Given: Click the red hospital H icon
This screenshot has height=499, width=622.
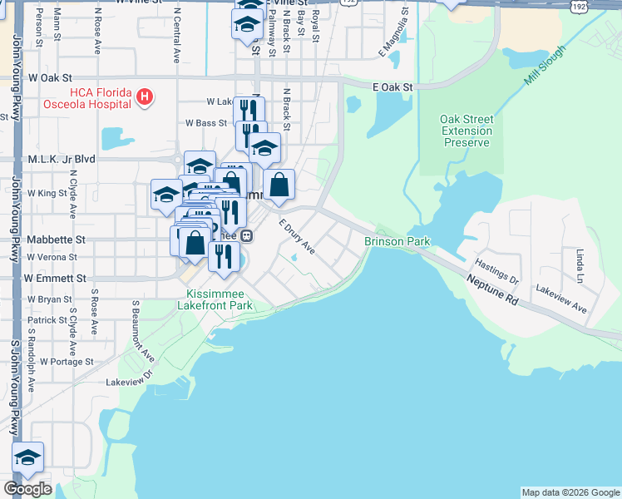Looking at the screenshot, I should click(x=145, y=97).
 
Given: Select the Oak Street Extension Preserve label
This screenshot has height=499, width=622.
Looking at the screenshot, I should click(x=466, y=131).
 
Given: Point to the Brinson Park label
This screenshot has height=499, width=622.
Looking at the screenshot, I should click(x=397, y=241).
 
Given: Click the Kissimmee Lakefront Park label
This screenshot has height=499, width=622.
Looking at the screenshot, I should click(x=220, y=299).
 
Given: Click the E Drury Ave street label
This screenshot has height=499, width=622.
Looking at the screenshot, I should click(x=297, y=237).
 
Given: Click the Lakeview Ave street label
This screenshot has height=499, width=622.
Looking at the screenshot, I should click(x=561, y=299).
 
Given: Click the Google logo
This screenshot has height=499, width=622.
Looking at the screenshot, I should click(x=27, y=489).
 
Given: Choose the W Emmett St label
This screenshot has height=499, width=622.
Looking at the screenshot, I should click(x=56, y=278).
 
